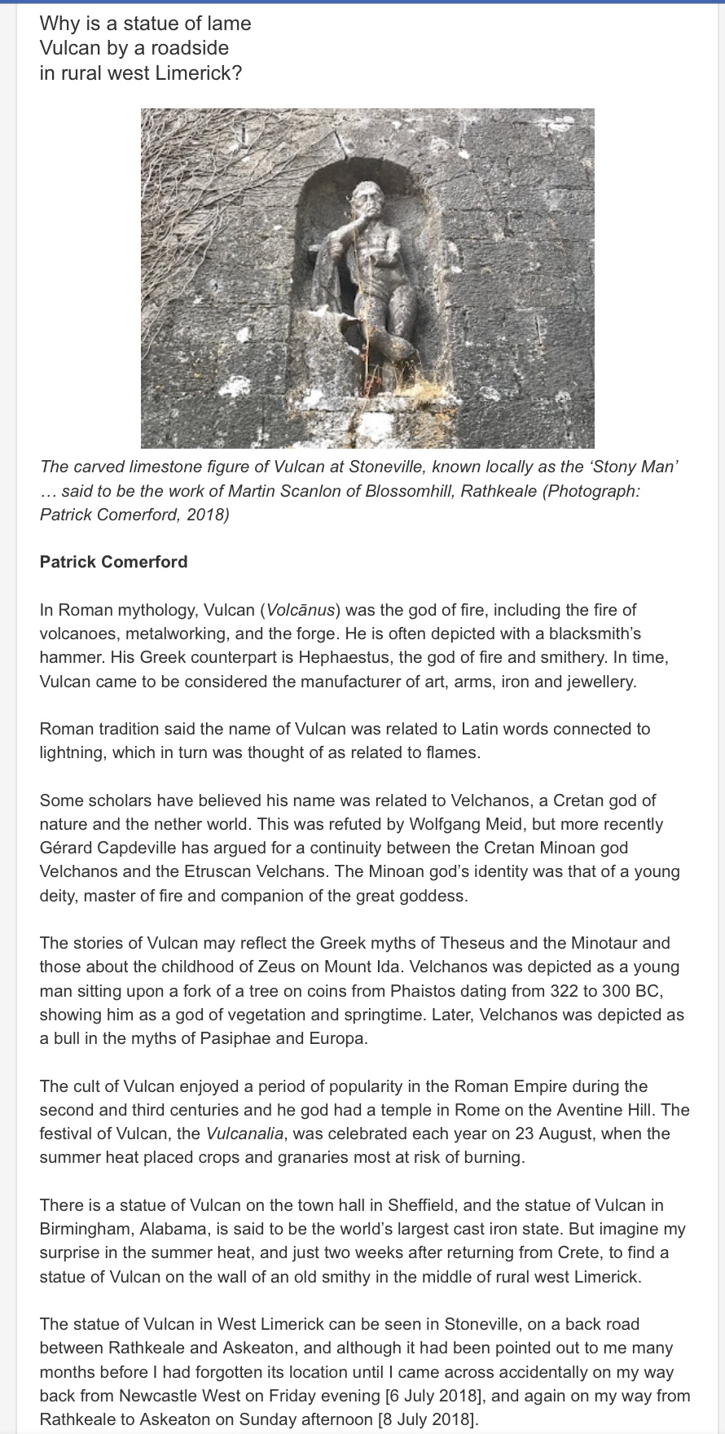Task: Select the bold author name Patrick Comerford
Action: (113, 562)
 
